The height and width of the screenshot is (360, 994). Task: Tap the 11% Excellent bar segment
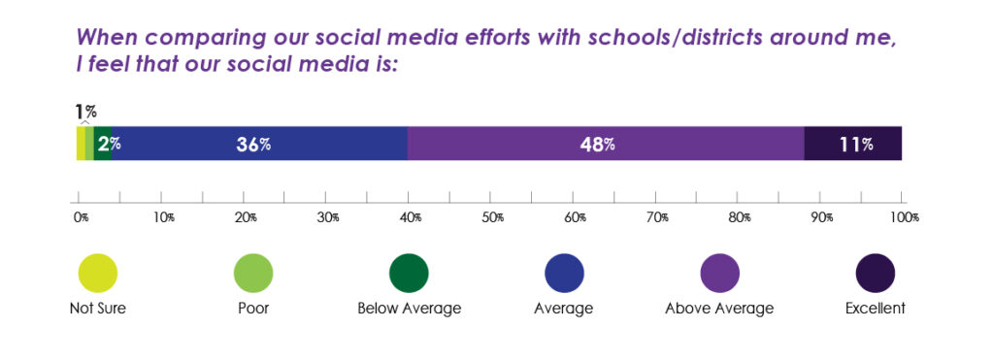[x=853, y=144]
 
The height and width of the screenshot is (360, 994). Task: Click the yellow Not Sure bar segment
[x=81, y=144]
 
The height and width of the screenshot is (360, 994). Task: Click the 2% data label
[x=108, y=145]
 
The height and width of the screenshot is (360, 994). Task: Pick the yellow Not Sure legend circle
[x=97, y=273]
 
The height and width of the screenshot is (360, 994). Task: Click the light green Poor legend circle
[x=252, y=273]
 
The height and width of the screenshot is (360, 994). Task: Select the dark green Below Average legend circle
[x=409, y=273]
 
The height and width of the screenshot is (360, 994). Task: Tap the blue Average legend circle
[x=564, y=273]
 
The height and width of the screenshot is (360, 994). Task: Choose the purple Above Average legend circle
[x=719, y=273]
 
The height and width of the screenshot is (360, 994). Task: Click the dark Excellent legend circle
[x=874, y=273]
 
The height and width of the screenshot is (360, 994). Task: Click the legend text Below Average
[x=409, y=310]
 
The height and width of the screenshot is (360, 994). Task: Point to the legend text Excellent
[x=874, y=310]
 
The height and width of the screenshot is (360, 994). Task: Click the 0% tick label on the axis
[x=81, y=218]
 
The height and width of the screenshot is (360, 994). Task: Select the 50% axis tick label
[x=494, y=218]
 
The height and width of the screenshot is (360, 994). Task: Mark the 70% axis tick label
[x=659, y=218]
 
